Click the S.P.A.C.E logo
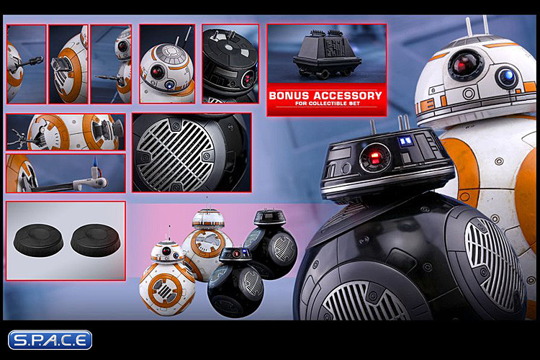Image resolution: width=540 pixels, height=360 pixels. (x=50, y=340)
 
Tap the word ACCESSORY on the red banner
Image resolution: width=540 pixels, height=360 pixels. (x=346, y=96)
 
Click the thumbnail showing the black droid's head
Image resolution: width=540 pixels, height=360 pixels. (x=230, y=64)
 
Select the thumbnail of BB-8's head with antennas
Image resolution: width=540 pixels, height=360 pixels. (x=166, y=64)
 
